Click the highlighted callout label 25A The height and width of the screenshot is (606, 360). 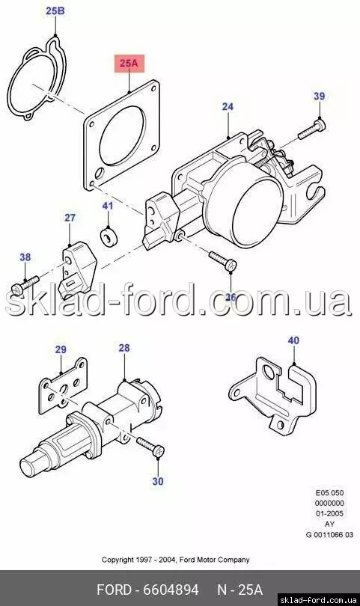point(129,64)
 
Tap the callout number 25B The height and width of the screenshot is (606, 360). point(55,10)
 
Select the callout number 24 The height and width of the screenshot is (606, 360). point(228,106)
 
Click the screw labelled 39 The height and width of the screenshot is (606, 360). point(311,129)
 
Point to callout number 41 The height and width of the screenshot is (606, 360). point(108,206)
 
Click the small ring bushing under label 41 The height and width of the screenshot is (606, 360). point(109,236)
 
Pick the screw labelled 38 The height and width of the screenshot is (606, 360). point(25,286)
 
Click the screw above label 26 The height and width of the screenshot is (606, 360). point(223,261)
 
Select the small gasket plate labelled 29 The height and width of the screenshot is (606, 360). point(63,385)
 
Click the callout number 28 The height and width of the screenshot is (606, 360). point(124,348)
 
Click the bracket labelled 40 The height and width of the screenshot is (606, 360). point(272,395)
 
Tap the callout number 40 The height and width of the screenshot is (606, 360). point(293,340)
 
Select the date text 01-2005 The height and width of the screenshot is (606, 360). point(330,514)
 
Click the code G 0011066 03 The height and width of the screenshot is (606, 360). point(329,534)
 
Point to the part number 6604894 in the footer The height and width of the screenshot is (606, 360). point(171,590)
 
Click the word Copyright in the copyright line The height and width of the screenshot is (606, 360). point(118,560)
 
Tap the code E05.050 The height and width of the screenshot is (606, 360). point(330,493)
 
